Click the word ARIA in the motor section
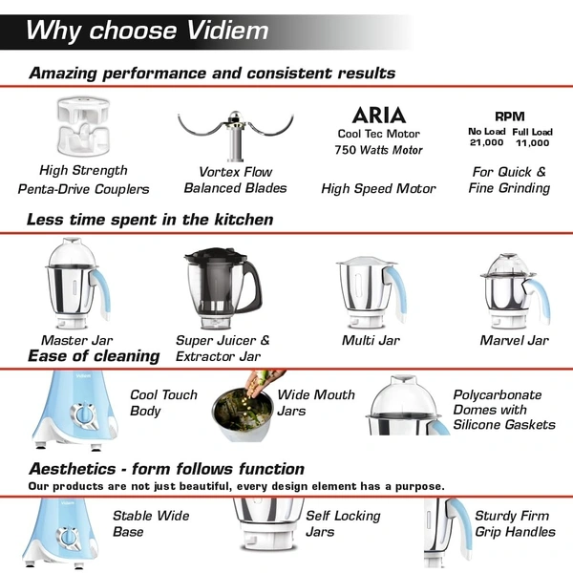378,117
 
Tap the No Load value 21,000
486,142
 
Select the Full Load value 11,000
531,142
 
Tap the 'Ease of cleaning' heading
94,356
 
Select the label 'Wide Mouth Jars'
315,402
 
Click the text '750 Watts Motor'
378,150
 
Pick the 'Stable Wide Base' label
151,523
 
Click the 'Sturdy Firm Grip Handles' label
514,523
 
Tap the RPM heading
509,116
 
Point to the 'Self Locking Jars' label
342,523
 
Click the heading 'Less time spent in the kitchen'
150,220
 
